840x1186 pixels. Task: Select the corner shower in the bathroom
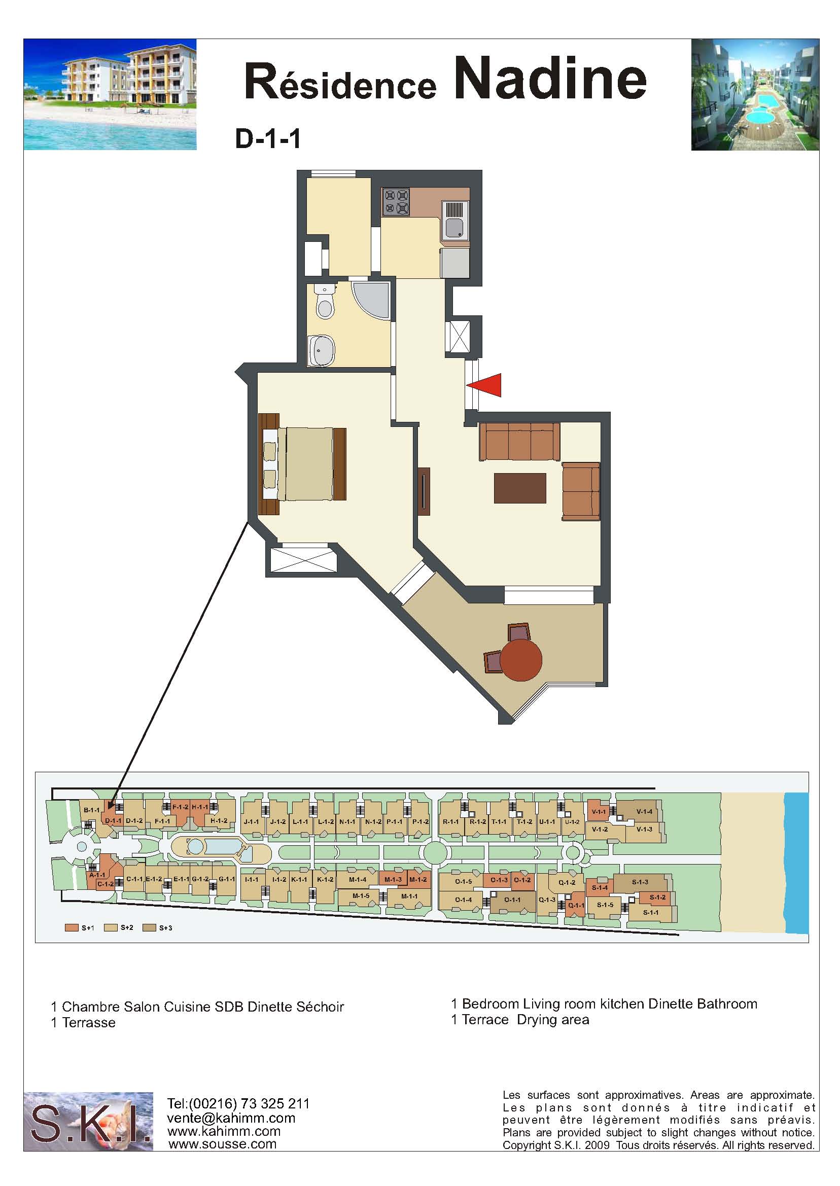point(371,300)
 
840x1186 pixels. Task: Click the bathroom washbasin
point(322,351)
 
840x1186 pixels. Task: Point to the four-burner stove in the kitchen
point(396,202)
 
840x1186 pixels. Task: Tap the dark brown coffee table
point(520,488)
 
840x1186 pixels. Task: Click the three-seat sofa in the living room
point(519,442)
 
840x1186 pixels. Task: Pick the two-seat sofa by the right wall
point(581,491)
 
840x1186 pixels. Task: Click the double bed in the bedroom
point(303,464)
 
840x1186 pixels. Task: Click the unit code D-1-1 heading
point(268,138)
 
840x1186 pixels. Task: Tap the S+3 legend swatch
point(150,928)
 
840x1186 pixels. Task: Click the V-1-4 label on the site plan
point(644,812)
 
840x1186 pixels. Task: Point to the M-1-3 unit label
point(393,879)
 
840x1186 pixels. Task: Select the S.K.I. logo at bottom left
point(88,1122)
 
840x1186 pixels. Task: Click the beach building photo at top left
point(110,95)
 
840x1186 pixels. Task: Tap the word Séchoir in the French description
point(320,1007)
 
